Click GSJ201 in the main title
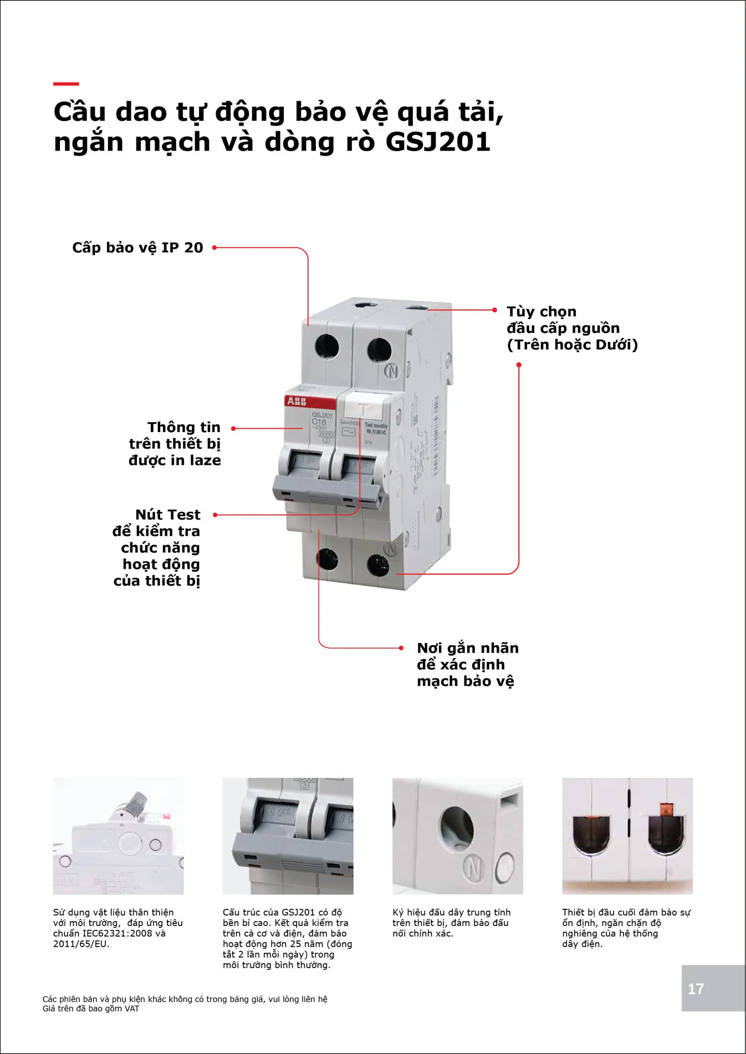click(438, 142)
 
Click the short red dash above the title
click(66, 84)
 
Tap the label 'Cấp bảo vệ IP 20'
click(137, 248)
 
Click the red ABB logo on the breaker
click(297, 401)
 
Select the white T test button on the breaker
click(364, 409)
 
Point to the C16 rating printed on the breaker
click(319, 421)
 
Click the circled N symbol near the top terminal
click(392, 371)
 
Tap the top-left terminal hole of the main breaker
click(326, 347)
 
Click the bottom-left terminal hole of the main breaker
click(327, 559)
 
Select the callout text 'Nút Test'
click(167, 515)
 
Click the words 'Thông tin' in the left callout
click(184, 428)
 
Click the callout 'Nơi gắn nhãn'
click(468, 648)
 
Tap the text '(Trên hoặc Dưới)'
click(572, 345)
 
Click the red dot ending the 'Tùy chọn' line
click(495, 310)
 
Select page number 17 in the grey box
click(696, 989)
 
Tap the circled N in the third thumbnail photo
click(473, 868)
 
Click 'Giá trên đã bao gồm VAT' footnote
click(91, 1009)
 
